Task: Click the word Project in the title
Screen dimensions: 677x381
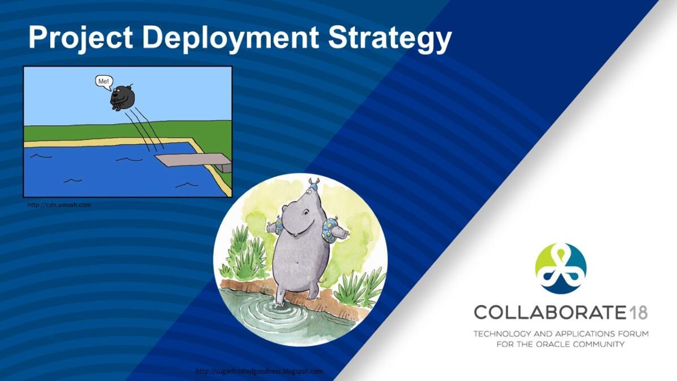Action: tap(80, 37)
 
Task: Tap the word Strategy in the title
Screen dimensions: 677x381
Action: tap(390, 38)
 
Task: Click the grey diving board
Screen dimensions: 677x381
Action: tap(194, 162)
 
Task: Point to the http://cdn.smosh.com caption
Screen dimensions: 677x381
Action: tap(59, 205)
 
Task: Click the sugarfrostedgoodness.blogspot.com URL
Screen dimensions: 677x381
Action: tap(260, 371)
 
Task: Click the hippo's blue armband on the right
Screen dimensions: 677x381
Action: tap(328, 229)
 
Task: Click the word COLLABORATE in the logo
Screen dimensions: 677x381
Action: tap(549, 312)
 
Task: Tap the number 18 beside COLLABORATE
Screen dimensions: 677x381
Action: tap(638, 312)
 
